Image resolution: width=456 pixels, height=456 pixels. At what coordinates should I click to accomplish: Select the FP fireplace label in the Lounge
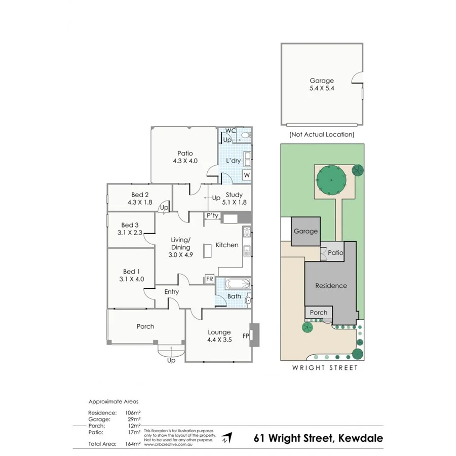[246, 335]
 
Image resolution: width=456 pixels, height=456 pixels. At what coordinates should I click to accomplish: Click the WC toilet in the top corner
[245, 135]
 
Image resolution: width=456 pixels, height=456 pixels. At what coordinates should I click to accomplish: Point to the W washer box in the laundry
[247, 175]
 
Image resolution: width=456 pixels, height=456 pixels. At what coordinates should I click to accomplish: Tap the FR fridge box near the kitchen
[209, 279]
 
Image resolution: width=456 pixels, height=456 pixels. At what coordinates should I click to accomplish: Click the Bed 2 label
[139, 195]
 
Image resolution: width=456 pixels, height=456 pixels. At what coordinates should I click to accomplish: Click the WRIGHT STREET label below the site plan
[324, 368]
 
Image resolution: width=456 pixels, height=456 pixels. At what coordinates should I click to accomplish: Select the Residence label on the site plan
[331, 286]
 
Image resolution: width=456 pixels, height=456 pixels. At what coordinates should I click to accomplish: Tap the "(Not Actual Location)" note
[322, 135]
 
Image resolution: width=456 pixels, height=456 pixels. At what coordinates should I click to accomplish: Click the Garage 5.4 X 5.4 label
[322, 84]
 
